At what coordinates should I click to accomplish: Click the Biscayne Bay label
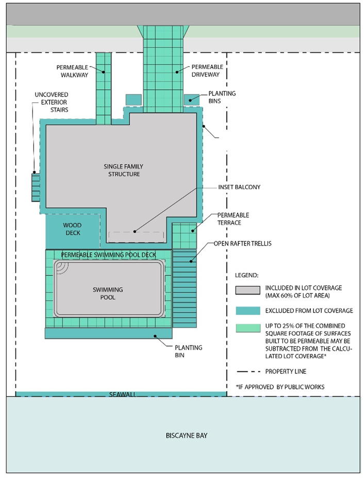(186, 435)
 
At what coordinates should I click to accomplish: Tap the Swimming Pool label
(108, 293)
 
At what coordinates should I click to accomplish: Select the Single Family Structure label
(123, 170)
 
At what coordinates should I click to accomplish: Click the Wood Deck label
(73, 229)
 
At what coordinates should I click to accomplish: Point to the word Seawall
(123, 394)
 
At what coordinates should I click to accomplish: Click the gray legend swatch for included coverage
(247, 290)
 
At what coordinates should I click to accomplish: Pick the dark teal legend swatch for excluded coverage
(248, 310)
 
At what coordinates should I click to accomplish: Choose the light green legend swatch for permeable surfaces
(248, 328)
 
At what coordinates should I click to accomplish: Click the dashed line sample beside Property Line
(249, 372)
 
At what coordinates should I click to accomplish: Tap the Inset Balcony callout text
(239, 187)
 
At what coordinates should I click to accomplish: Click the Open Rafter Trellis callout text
(242, 243)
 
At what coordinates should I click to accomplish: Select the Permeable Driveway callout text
(207, 71)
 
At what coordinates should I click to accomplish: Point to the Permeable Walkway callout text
(72, 71)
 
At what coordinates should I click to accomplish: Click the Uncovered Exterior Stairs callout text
(52, 102)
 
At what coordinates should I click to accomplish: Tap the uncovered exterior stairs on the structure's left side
(36, 187)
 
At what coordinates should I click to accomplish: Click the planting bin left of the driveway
(134, 100)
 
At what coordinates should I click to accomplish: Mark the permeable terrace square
(184, 236)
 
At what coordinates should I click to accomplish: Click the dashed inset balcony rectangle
(136, 237)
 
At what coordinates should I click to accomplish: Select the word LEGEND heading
(246, 275)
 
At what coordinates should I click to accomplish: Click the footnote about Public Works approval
(280, 387)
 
